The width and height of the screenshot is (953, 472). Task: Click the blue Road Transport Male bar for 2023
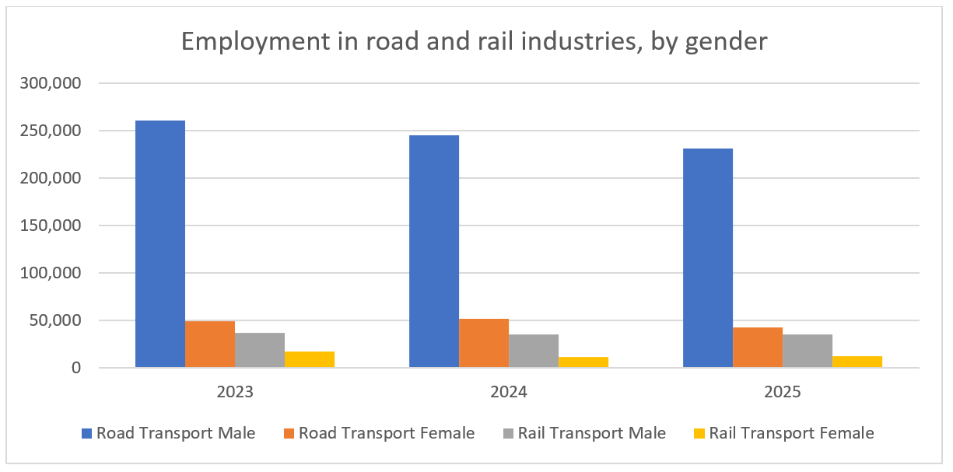160,244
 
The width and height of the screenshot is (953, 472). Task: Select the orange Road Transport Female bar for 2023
210,344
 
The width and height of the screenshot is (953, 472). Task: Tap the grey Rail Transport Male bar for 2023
260,350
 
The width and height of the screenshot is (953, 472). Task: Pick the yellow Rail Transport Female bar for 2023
310,359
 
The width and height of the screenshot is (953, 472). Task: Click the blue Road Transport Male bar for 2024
434,251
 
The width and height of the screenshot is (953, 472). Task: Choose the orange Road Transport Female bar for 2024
484,343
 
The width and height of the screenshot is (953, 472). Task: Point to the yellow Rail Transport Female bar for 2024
583,362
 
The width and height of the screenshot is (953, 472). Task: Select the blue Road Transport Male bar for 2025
708,258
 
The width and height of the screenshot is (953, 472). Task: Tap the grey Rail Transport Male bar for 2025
808,351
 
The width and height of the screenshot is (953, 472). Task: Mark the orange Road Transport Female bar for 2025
758,348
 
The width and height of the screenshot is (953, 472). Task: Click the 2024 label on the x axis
509,392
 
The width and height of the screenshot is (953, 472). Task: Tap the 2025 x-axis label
783,392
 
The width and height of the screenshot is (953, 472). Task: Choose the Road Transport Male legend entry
175,433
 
